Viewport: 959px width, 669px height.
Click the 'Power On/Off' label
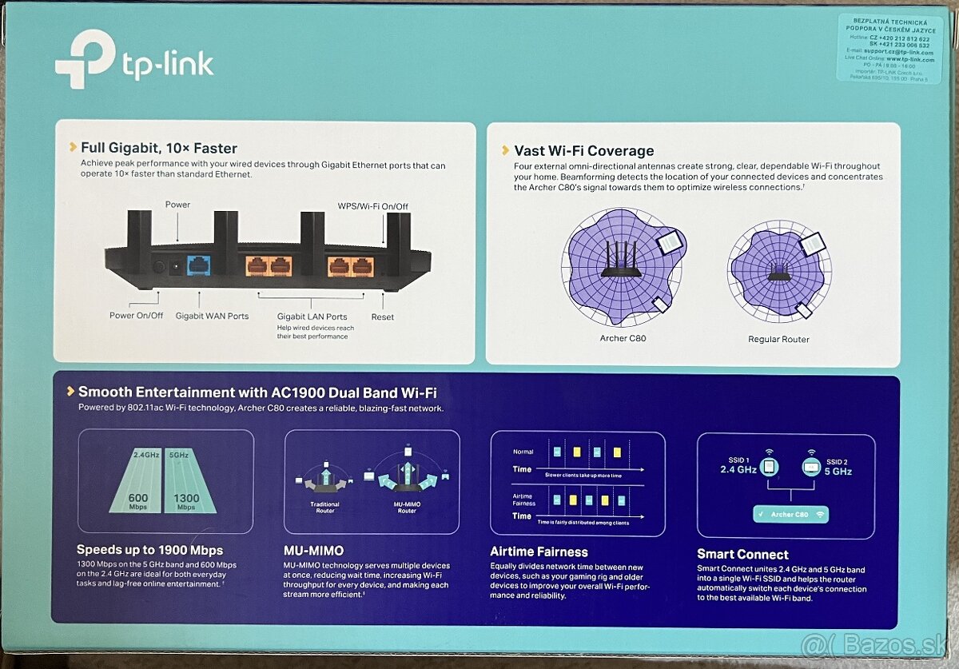pos(136,316)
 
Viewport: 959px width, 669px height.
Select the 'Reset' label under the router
pos(382,317)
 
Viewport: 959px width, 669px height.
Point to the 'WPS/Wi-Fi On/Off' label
pos(372,206)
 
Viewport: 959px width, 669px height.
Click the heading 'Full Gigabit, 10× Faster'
pos(159,148)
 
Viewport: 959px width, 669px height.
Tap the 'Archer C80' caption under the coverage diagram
pos(623,338)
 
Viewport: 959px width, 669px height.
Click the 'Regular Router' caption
pos(778,339)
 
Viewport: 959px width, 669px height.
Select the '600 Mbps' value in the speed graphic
pos(138,500)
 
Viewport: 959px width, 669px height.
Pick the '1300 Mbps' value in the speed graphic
pos(186,500)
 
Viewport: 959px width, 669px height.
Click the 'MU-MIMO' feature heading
pos(314,551)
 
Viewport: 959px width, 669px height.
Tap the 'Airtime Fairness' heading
pos(539,552)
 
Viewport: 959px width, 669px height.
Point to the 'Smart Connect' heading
pos(742,554)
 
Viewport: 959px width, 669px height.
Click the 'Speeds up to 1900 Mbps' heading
pos(149,550)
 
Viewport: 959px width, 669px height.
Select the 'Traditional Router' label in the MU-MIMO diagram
pos(324,507)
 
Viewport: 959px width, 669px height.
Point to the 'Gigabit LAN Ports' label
pos(312,317)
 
